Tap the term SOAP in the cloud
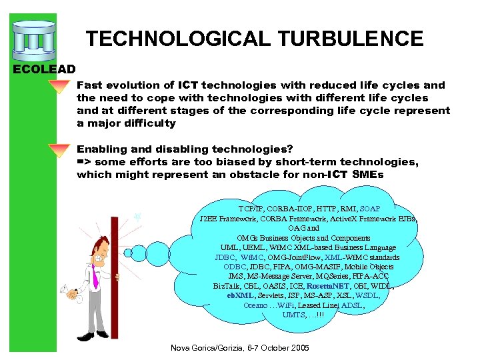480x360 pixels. click(x=369, y=209)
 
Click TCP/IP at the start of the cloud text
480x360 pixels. click(x=251, y=209)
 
